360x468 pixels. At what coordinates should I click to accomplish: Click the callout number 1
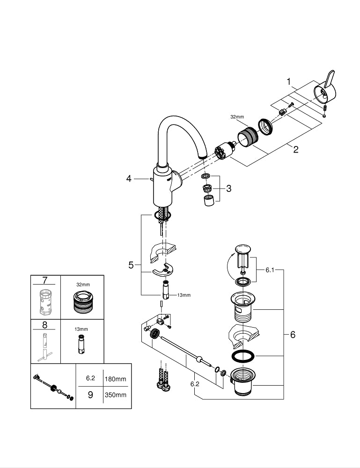[289, 81]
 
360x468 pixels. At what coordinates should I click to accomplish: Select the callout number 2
[295, 150]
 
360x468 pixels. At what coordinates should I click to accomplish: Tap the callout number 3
[228, 188]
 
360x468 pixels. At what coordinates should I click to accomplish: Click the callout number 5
[131, 265]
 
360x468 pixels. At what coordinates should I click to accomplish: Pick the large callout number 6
[293, 335]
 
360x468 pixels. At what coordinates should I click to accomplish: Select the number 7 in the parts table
[45, 281]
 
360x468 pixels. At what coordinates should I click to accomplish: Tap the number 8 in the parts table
[45, 324]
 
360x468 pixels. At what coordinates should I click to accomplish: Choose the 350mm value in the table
[115, 395]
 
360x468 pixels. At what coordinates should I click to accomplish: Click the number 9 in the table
[90, 395]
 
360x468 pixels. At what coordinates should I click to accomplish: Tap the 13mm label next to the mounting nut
[184, 295]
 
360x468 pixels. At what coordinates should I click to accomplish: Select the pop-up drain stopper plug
[242, 256]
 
